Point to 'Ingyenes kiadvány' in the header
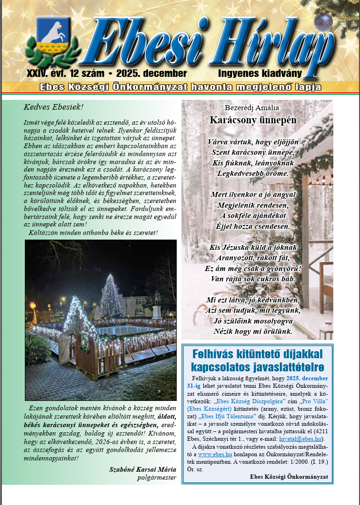pos(260,74)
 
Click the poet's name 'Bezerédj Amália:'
pos(253,108)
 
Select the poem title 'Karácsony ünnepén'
pos(253,120)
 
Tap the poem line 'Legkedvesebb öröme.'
pos(253,173)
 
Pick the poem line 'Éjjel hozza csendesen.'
pos(253,226)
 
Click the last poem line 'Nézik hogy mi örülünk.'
pos(253,332)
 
